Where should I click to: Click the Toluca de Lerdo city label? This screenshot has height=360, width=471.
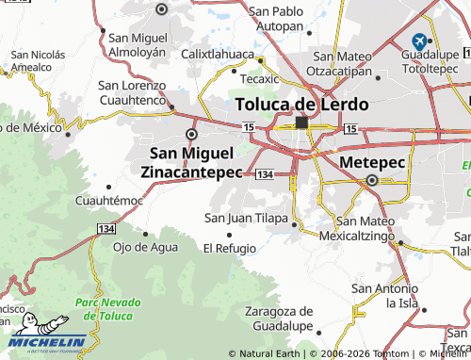(x=301, y=103)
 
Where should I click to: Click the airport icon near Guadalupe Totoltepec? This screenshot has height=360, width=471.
(x=419, y=41)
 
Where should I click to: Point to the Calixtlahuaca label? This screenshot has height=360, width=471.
(x=218, y=55)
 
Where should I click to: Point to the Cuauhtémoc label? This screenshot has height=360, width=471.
(x=109, y=201)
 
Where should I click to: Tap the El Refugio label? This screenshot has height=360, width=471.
(x=230, y=248)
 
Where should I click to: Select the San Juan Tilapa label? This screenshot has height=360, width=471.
(x=247, y=218)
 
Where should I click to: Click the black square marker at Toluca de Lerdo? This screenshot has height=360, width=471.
(x=301, y=123)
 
